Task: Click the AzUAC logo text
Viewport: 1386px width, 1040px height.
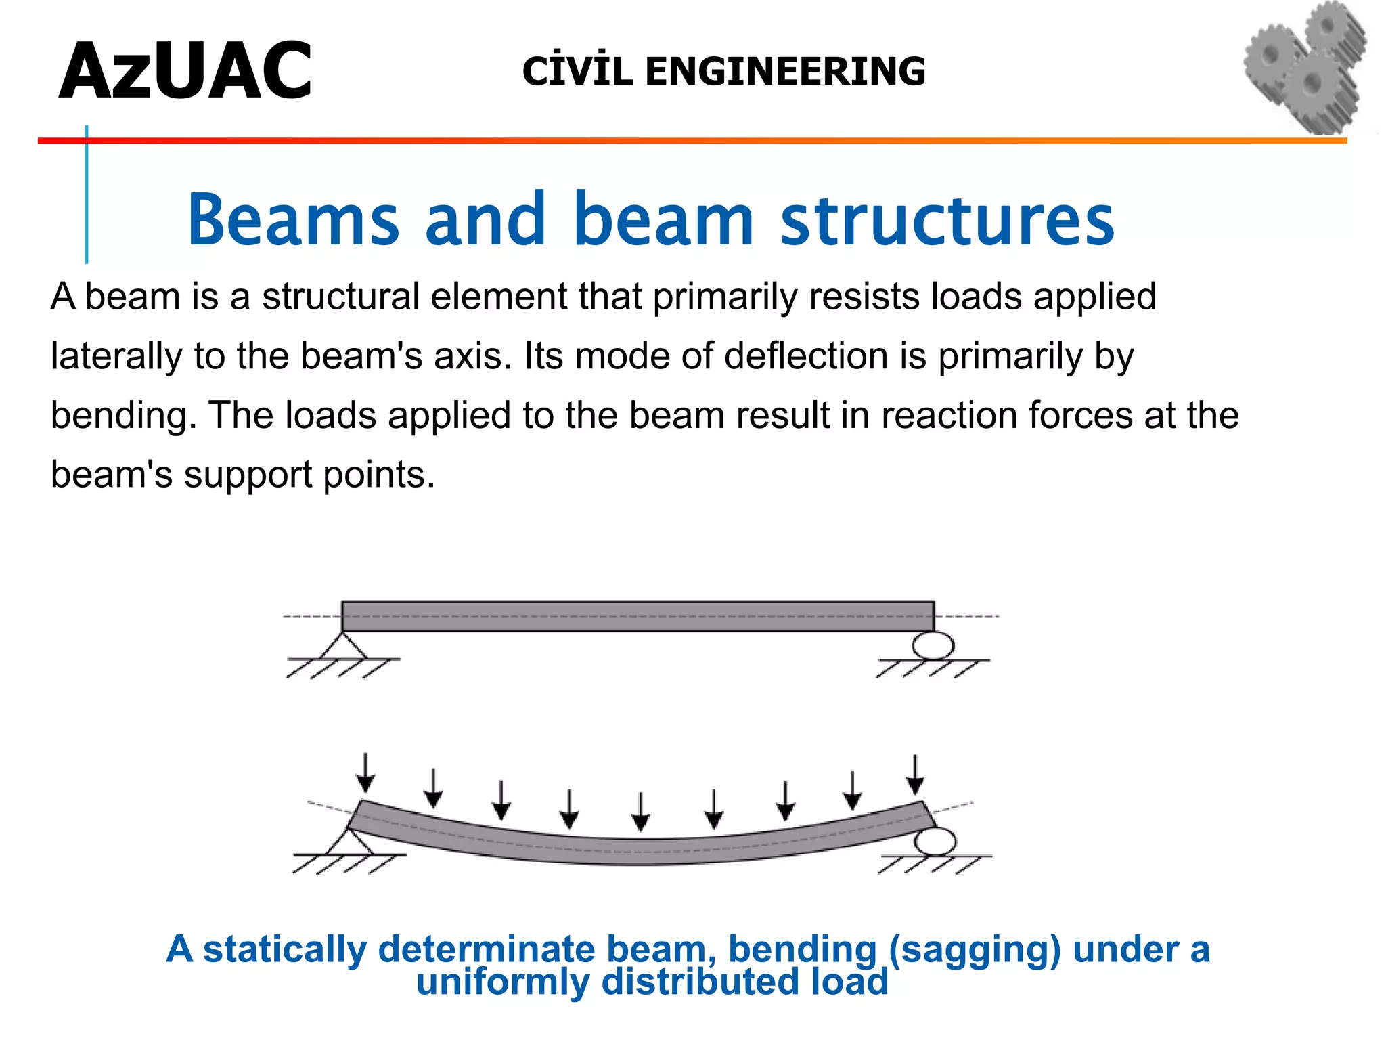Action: [185, 72]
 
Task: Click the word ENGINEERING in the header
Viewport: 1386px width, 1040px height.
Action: [785, 72]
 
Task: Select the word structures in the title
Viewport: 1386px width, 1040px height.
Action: [947, 219]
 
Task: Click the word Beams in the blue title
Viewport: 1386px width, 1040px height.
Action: [293, 219]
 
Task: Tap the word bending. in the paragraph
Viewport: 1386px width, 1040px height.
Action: [123, 416]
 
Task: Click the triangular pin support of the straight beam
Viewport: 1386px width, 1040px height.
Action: [343, 647]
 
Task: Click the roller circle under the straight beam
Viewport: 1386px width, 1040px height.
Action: [933, 645]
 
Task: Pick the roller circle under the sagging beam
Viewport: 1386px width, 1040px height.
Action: [935, 842]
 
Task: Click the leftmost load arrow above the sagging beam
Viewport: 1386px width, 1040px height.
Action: [365, 772]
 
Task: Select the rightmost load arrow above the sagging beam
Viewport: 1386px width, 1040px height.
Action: [916, 775]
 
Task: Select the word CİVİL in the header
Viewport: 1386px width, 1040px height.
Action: [577, 72]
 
